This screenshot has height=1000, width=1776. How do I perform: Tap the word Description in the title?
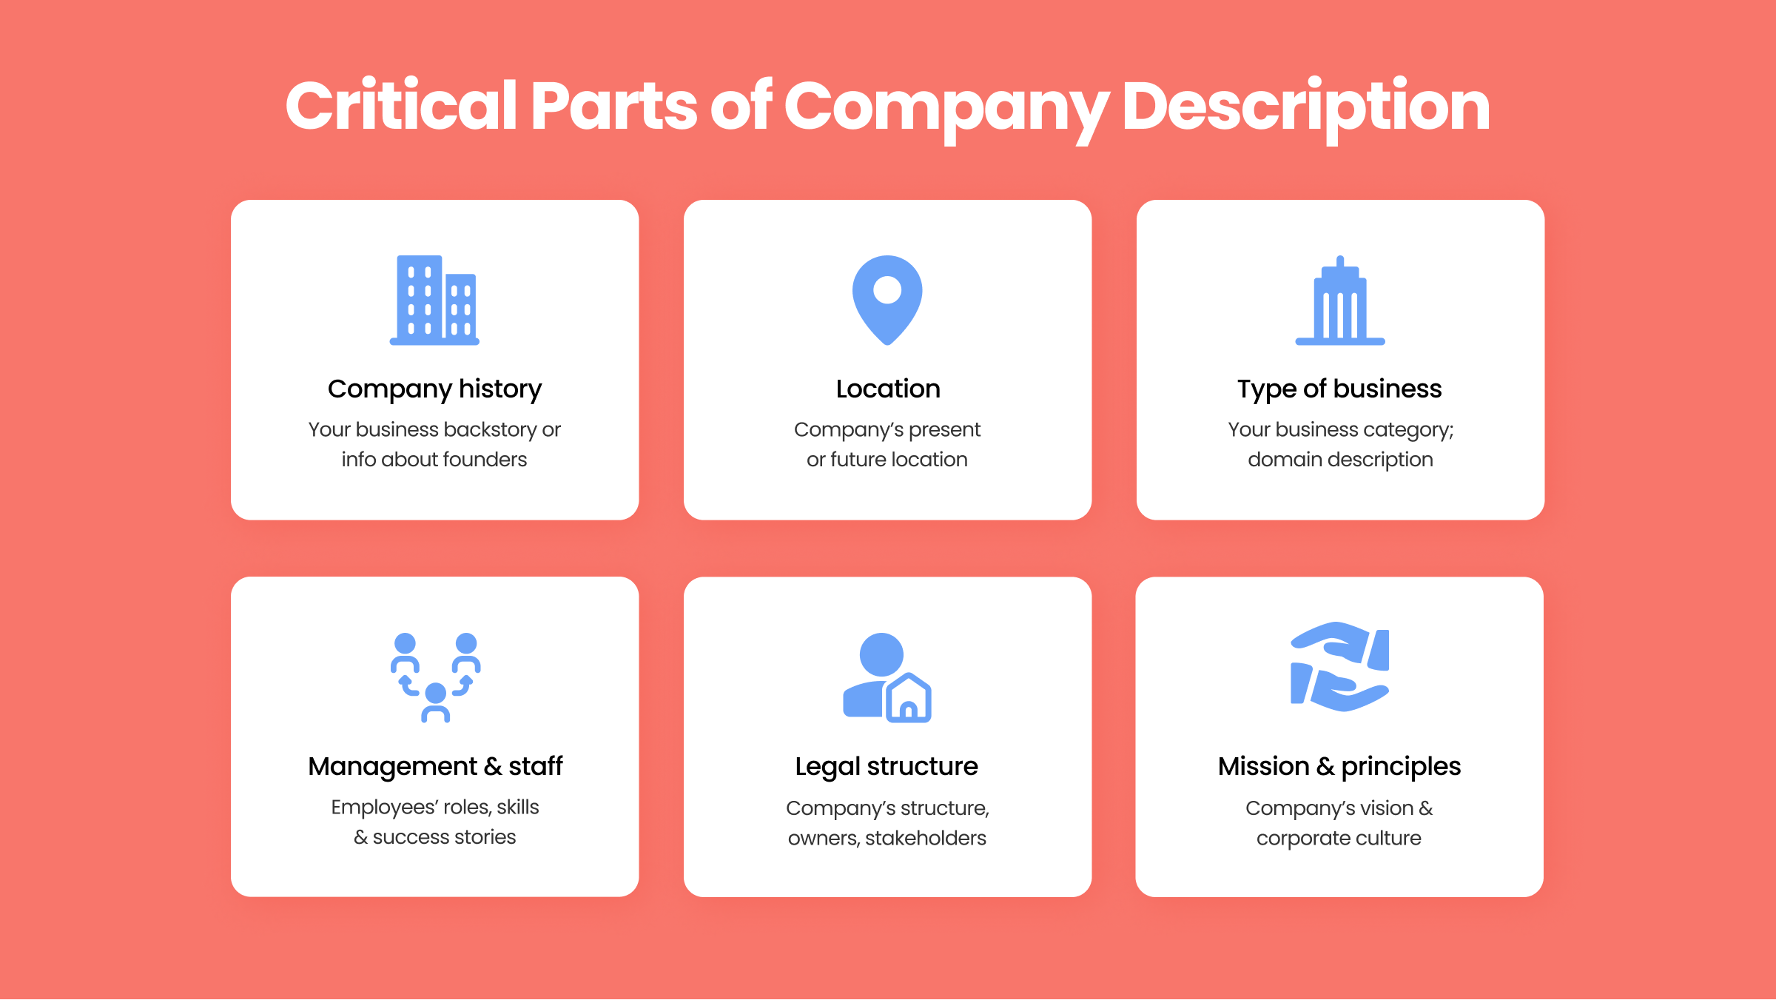tap(1306, 109)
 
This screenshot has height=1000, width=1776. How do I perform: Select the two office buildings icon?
tap(434, 301)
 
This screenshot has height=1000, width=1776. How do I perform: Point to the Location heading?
tap(888, 389)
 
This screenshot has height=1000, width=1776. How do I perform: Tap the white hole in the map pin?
tap(887, 289)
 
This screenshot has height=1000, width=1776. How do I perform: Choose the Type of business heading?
tap(1339, 389)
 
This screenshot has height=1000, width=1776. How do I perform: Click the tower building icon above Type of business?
tap(1340, 301)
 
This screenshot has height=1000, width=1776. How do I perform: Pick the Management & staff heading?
tap(435, 767)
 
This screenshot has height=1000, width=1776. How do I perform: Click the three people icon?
tap(435, 677)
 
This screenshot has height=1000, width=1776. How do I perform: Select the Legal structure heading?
tap(887, 767)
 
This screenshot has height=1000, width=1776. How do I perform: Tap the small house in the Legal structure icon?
tap(909, 698)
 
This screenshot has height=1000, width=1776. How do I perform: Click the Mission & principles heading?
tap(1339, 767)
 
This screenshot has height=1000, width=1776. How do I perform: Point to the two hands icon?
tap(1339, 667)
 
